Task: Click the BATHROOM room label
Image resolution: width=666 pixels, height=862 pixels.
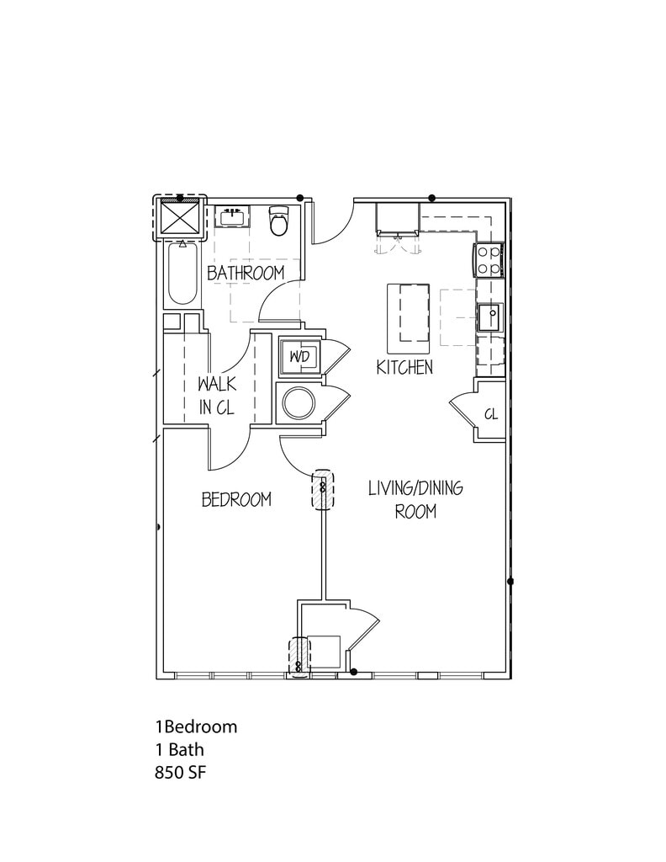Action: tap(246, 273)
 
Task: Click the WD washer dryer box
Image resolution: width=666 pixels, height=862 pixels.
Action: tap(299, 357)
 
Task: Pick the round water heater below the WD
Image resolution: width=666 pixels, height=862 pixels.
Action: tap(298, 403)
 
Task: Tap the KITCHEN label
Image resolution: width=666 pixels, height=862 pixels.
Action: tap(404, 367)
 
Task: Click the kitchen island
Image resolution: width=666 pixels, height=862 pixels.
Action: tap(409, 319)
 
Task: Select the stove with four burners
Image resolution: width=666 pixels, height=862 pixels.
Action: tap(489, 259)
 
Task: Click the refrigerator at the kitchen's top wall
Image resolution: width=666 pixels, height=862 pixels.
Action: tap(396, 218)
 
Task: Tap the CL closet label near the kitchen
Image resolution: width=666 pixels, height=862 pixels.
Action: tap(491, 414)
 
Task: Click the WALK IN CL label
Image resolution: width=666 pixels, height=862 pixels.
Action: tap(216, 395)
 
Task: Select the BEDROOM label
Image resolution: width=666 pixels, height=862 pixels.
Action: tap(236, 499)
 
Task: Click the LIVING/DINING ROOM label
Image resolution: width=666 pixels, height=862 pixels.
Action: tap(415, 498)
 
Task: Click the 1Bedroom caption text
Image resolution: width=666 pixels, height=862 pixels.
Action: tap(196, 726)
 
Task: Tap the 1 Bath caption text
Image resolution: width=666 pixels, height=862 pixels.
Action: tap(179, 748)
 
